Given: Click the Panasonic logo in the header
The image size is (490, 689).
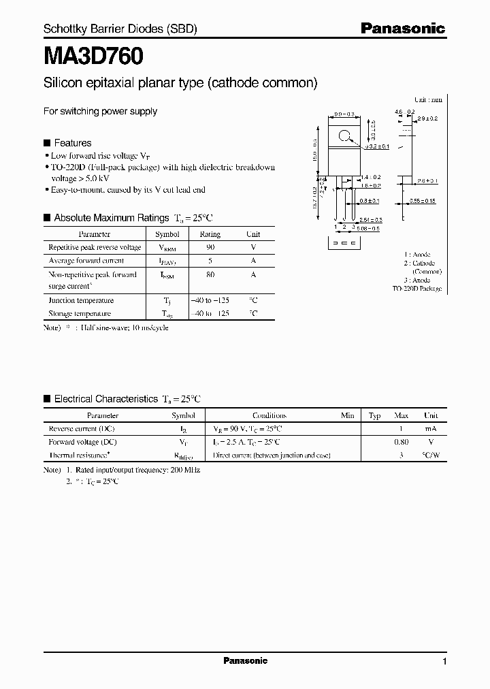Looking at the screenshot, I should [402, 29].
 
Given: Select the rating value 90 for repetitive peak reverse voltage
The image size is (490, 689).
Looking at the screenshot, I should [210, 248].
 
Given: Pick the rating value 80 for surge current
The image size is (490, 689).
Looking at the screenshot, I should [210, 275].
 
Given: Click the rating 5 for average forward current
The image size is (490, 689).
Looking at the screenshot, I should [210, 261].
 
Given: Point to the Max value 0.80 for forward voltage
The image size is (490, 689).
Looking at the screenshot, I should [401, 442].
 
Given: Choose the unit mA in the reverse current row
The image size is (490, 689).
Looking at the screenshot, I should [431, 429].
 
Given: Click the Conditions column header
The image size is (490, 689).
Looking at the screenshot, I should [269, 415].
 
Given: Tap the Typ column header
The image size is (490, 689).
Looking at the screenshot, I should [374, 415].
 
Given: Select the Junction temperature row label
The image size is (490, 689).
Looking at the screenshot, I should [81, 300].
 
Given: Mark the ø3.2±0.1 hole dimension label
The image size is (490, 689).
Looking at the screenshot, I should [376, 146].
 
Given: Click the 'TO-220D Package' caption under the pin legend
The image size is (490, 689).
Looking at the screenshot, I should [416, 289].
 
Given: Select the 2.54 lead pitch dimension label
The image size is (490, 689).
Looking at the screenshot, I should [370, 220].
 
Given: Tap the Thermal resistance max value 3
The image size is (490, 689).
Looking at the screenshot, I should [402, 455].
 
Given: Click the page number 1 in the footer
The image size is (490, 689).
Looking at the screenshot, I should [444, 662].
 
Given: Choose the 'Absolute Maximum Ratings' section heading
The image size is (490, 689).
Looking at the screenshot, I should [111, 218].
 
